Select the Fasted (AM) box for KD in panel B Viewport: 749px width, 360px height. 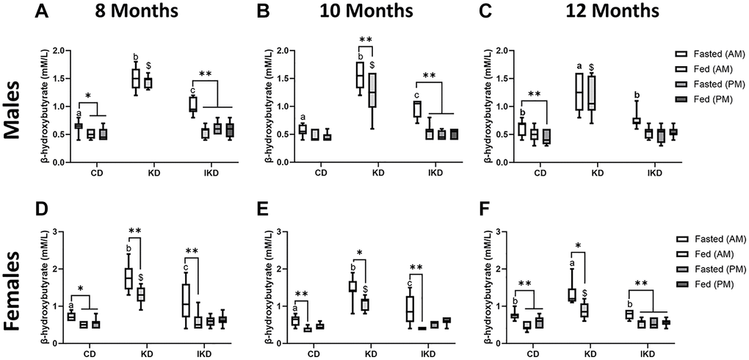coord(359,75)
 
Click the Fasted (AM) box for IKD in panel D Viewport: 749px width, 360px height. coord(186,300)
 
